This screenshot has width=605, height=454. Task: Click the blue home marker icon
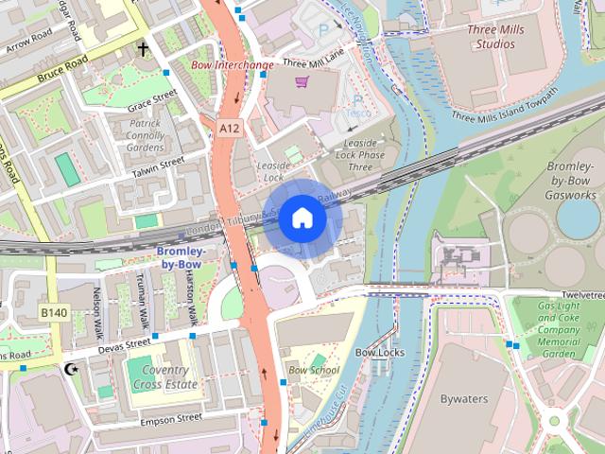(302, 218)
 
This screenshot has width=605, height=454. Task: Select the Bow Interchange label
(233, 65)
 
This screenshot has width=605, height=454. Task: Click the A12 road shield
(228, 126)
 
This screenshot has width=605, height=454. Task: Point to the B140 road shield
(52, 311)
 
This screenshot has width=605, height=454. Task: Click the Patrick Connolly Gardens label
(146, 135)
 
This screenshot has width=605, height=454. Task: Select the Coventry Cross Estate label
(163, 377)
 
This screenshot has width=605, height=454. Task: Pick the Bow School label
(313, 370)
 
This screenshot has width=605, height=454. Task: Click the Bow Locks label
(379, 353)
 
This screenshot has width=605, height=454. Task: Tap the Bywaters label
(465, 399)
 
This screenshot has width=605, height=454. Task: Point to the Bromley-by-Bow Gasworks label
(570, 180)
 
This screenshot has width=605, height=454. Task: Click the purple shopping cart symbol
(302, 82)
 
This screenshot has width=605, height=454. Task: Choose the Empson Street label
(171, 416)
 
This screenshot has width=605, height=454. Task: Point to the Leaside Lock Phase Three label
(359, 155)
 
